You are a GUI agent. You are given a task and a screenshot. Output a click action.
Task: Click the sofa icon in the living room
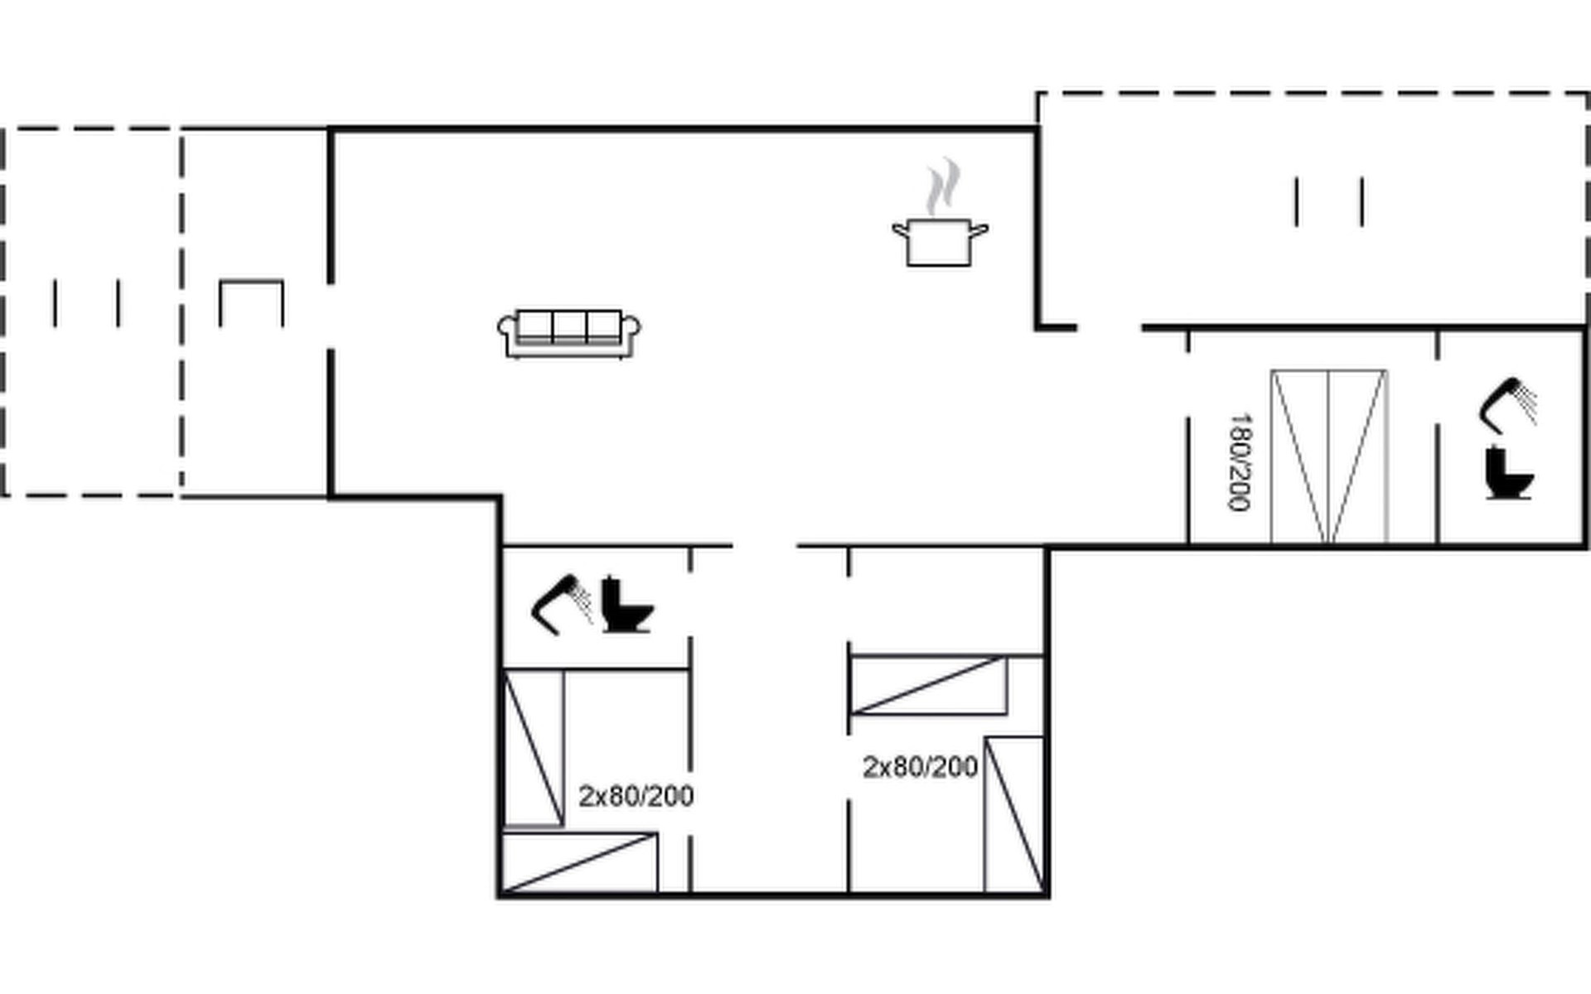(x=568, y=334)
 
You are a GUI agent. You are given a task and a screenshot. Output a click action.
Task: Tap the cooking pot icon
(x=940, y=242)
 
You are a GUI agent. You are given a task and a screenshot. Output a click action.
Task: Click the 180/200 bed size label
(x=1240, y=462)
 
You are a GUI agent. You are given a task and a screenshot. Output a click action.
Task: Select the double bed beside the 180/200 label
(x=1329, y=456)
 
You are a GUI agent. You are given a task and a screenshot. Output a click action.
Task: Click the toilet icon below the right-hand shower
(x=1508, y=473)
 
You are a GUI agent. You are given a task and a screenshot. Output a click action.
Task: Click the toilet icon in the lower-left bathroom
(x=627, y=605)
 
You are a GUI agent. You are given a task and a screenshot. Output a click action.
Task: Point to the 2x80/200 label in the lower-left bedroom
(x=636, y=796)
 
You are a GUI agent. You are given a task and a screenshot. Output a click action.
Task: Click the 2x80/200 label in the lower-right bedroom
(x=920, y=767)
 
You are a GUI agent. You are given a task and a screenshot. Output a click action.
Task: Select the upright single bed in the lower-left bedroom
(x=534, y=748)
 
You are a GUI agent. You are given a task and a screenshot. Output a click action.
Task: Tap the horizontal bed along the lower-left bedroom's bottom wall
(x=580, y=863)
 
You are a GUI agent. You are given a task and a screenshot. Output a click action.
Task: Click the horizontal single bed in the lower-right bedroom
(x=929, y=685)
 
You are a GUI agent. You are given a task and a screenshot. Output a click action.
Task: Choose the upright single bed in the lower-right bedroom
(x=1014, y=814)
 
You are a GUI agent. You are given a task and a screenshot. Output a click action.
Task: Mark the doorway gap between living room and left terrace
(x=331, y=316)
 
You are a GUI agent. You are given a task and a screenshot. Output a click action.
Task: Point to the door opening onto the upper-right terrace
(x=1109, y=328)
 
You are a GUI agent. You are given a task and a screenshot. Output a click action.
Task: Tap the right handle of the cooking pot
(x=979, y=229)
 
